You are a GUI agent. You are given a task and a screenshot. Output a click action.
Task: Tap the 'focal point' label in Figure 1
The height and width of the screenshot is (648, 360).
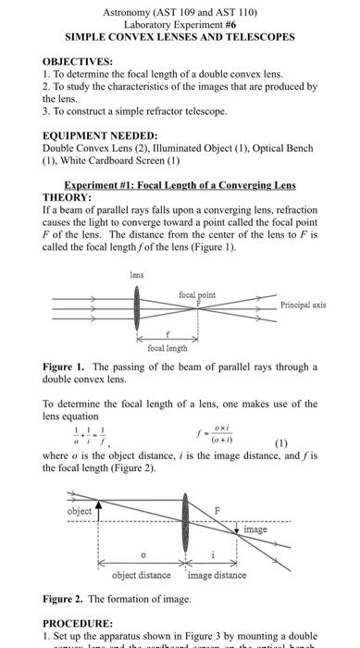click(x=196, y=294)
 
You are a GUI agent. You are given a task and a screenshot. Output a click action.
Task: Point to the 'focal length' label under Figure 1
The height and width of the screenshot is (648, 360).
click(x=168, y=348)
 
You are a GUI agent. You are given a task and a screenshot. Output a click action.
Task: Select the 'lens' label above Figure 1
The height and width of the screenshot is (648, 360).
click(x=137, y=274)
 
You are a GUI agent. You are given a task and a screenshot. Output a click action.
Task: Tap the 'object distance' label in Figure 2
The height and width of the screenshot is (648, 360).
click(x=141, y=575)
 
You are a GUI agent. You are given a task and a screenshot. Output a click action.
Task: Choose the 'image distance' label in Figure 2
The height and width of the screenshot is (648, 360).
click(x=217, y=575)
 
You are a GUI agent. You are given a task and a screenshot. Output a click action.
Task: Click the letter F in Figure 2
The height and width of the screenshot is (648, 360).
click(x=218, y=510)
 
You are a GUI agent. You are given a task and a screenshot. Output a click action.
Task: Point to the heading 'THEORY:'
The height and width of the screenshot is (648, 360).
click(x=67, y=197)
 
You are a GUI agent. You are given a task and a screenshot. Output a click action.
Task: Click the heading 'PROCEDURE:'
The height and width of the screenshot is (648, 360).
click(x=78, y=624)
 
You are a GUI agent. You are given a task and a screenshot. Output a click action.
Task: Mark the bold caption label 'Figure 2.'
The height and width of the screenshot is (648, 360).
click(x=65, y=599)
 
